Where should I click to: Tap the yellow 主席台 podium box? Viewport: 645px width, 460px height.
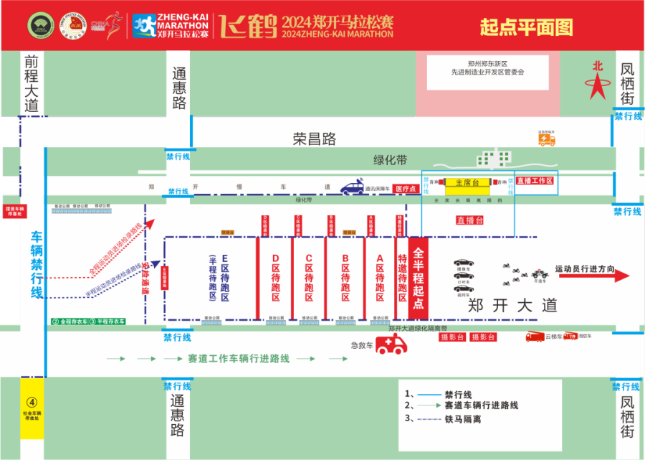467,182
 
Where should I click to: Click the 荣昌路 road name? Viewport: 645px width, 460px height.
314,139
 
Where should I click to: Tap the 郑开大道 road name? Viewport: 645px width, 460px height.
512,305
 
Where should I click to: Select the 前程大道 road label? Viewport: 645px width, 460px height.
30,83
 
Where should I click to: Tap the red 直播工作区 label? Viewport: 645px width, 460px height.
535,181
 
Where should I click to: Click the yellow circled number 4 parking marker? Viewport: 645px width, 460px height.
31,403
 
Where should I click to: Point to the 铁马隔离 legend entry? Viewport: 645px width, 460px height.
462,418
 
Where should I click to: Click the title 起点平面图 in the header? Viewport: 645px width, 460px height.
526,27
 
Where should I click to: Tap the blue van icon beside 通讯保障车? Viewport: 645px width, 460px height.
352,188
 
